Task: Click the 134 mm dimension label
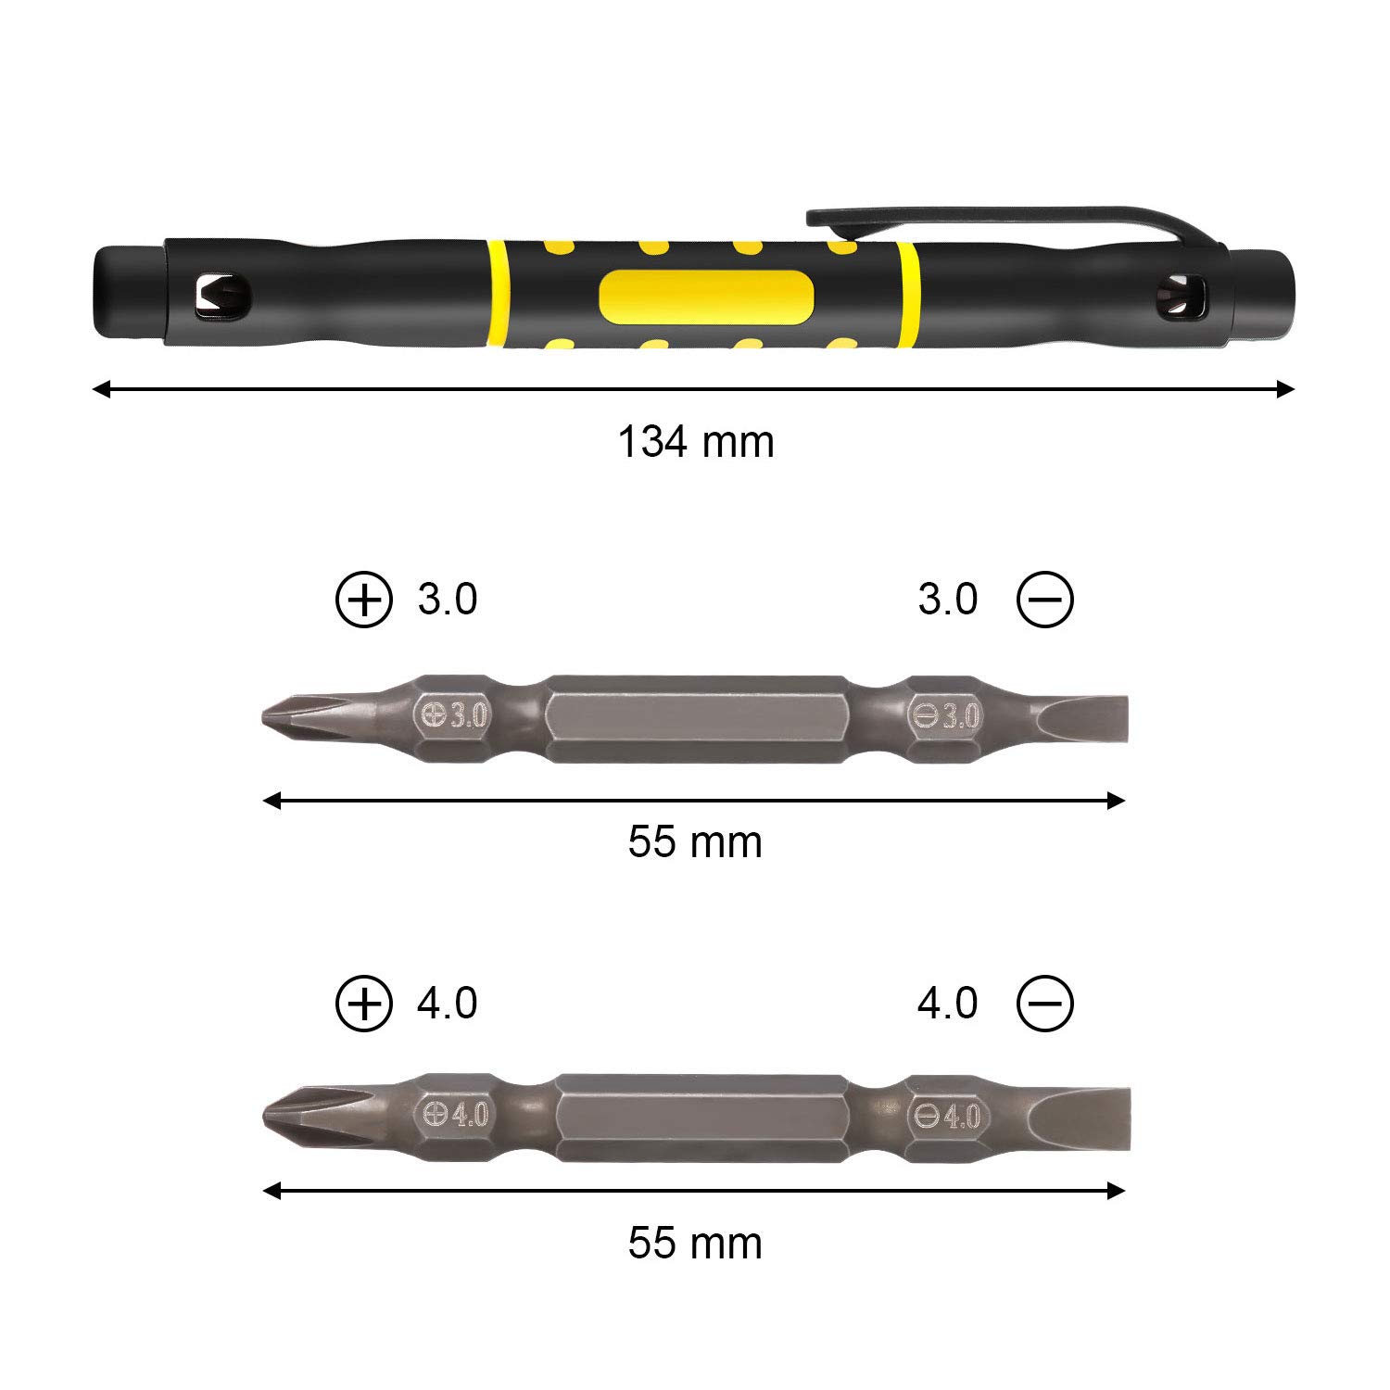point(695,442)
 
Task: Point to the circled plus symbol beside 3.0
point(364,600)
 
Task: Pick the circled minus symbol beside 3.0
point(1044,600)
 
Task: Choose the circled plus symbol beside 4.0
point(364,1004)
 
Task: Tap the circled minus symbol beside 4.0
point(1044,1004)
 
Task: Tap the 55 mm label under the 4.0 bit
point(695,1243)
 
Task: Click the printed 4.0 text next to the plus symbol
point(448,1004)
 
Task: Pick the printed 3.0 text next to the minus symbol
point(947,600)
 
